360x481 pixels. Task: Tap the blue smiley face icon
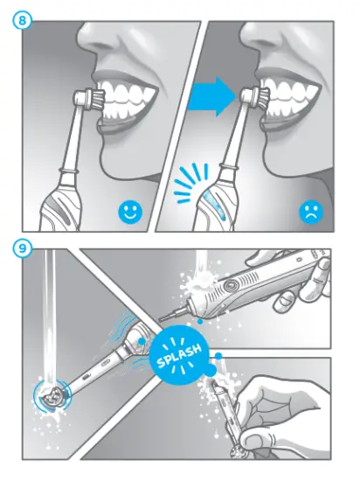click(130, 212)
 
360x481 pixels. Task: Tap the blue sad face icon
click(310, 212)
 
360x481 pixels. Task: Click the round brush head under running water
click(51, 394)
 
